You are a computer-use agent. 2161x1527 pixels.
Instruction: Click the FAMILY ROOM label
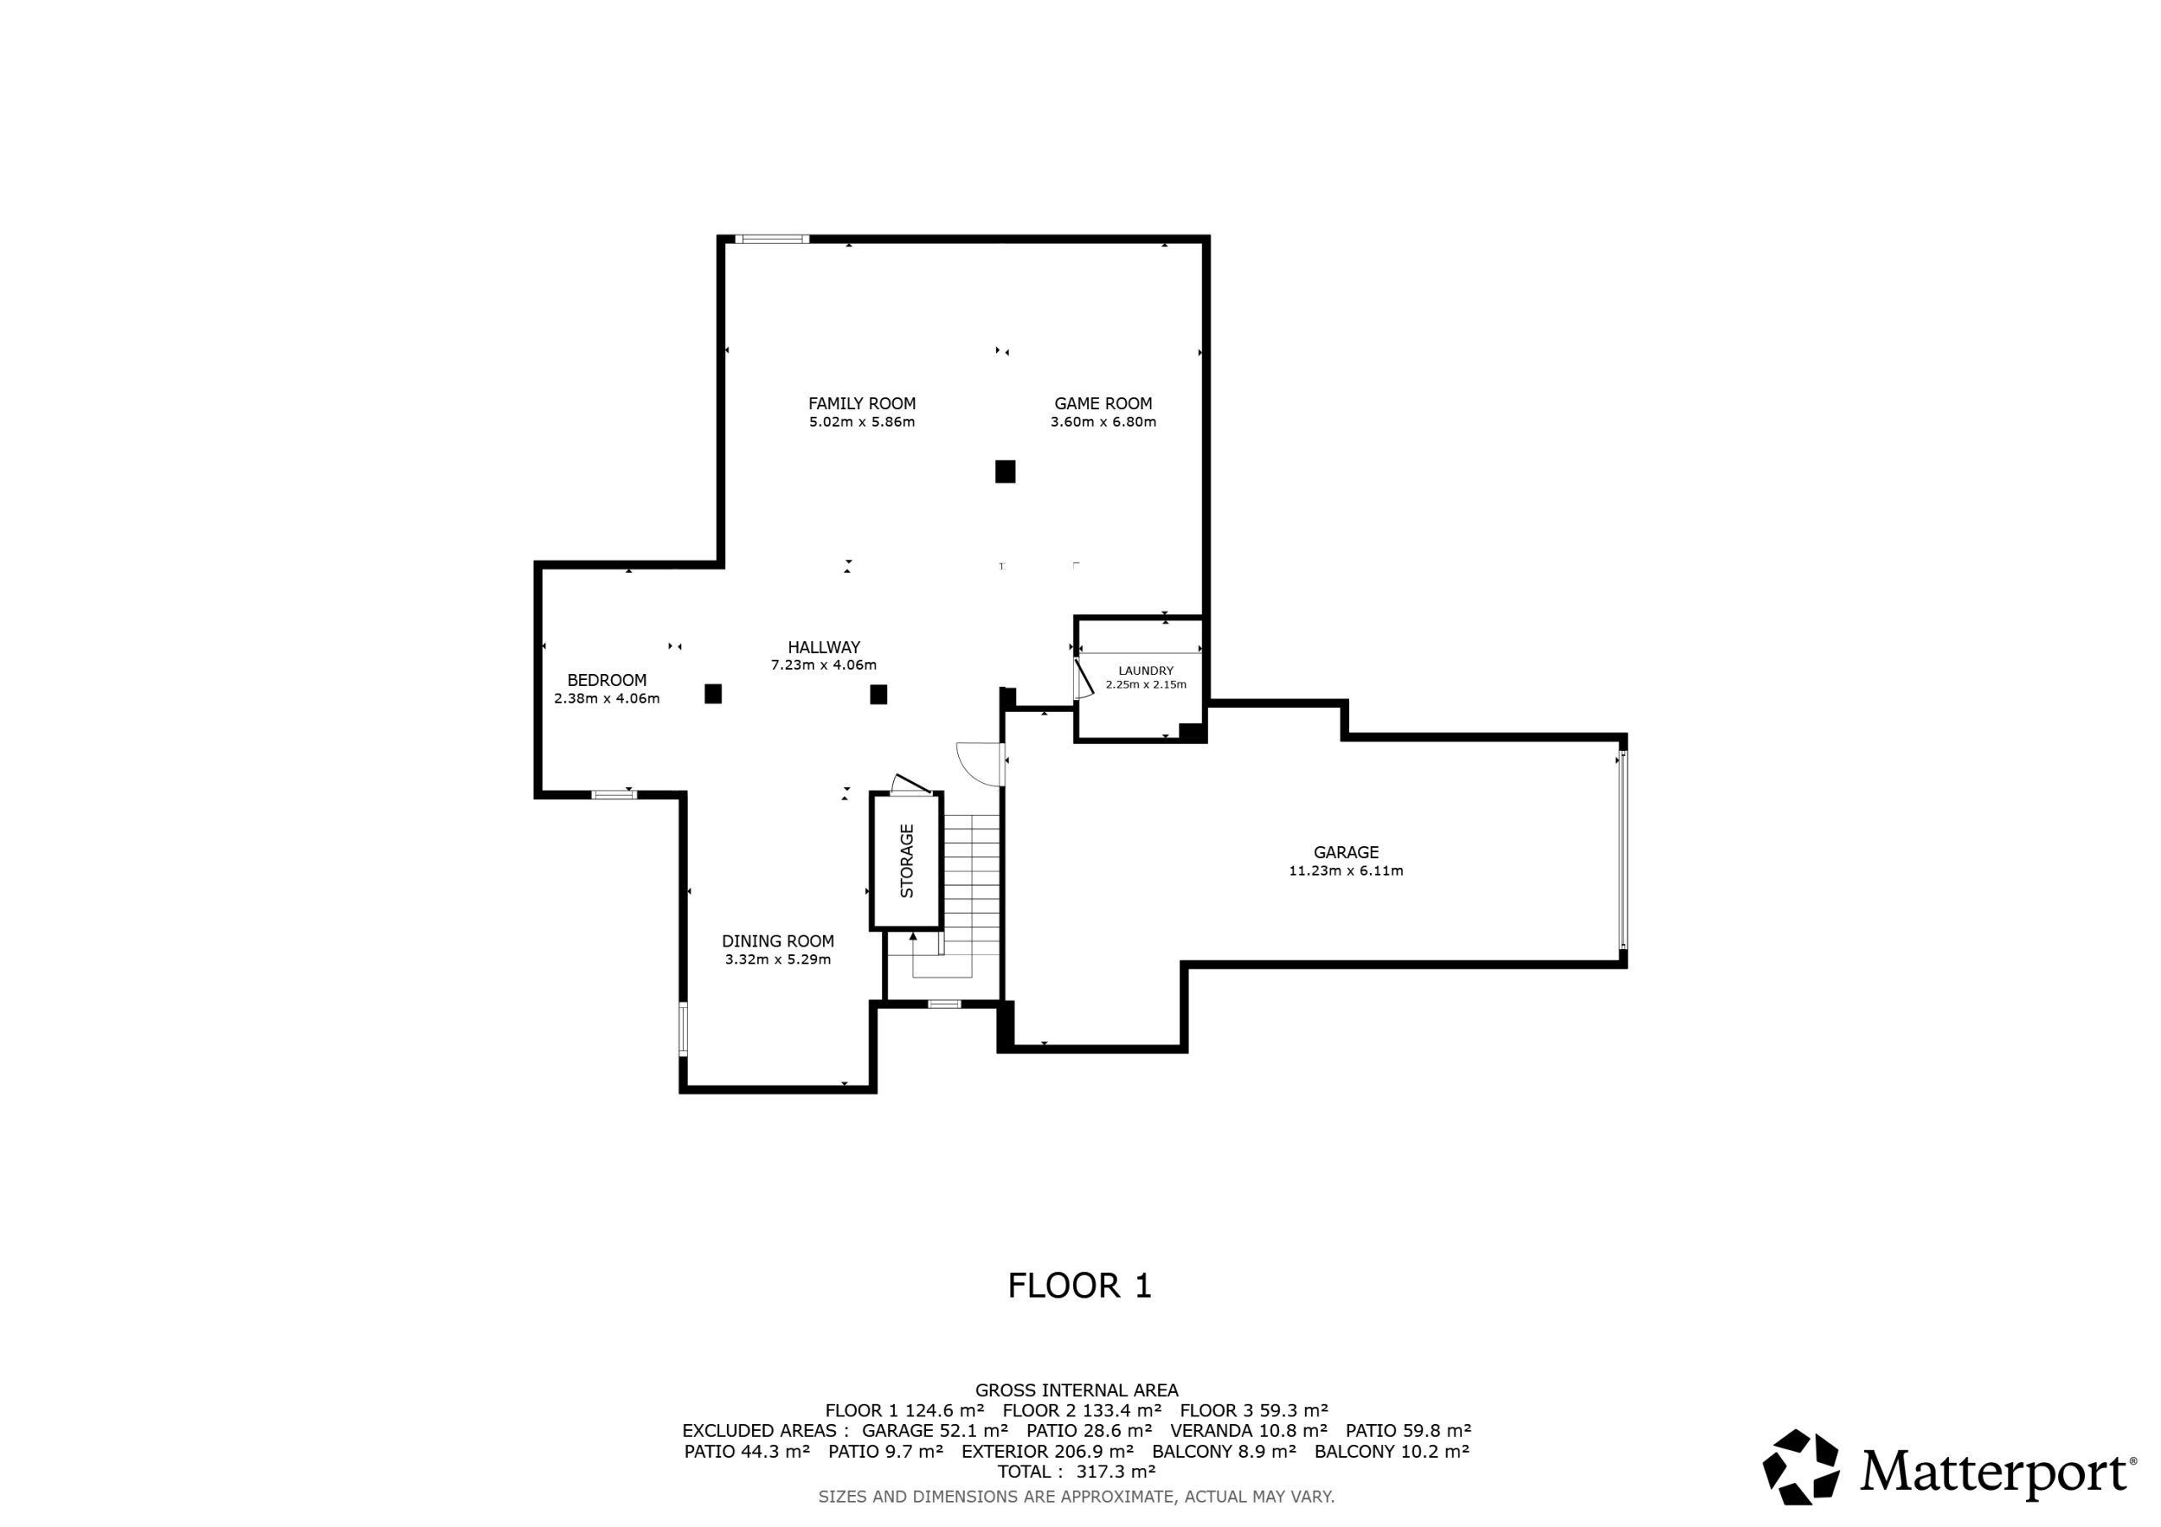tap(861, 403)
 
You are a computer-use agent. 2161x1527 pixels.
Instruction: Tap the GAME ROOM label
tap(1102, 403)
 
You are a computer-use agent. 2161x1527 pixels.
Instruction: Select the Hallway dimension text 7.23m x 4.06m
tap(824, 665)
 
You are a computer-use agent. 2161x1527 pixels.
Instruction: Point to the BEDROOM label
tap(606, 680)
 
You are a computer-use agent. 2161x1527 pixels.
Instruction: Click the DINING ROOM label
tap(777, 941)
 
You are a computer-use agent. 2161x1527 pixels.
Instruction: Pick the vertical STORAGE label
tap(907, 860)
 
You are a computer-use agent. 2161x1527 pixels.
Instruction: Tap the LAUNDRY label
tap(1145, 671)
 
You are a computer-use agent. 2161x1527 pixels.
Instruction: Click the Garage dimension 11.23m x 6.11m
tap(1345, 871)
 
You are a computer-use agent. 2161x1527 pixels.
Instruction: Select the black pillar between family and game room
tap(1005, 472)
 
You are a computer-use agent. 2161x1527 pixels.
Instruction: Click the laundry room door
tap(1083, 677)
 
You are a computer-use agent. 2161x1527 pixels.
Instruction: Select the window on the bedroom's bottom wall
tap(614, 795)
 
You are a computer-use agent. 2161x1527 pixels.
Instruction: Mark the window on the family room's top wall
tap(772, 239)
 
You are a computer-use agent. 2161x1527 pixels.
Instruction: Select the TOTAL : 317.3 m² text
tap(1077, 1471)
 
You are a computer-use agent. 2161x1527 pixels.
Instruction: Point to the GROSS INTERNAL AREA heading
tap(1077, 1389)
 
